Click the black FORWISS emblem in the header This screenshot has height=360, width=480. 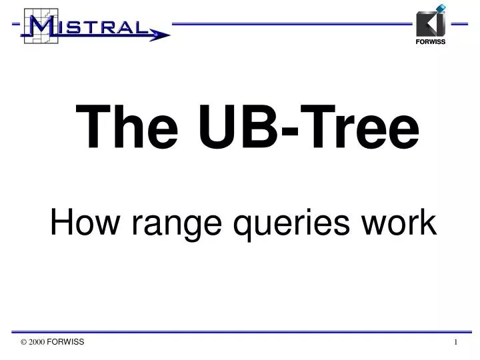click(x=429, y=24)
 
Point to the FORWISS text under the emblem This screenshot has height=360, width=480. click(x=431, y=41)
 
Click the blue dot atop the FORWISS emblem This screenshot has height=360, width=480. click(x=440, y=8)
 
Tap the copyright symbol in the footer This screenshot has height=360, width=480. click(x=24, y=342)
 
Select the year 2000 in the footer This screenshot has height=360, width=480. click(x=37, y=342)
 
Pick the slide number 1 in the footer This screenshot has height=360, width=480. click(x=456, y=342)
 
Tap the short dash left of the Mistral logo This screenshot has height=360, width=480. click(x=15, y=23)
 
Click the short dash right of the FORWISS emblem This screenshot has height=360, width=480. click(x=459, y=23)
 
